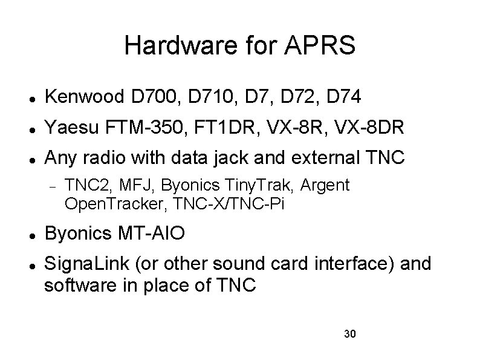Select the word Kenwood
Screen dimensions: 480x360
point(85,96)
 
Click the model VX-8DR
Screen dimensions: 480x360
point(378,128)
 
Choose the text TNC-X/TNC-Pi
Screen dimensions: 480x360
point(229,205)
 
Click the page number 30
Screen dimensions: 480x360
point(349,334)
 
